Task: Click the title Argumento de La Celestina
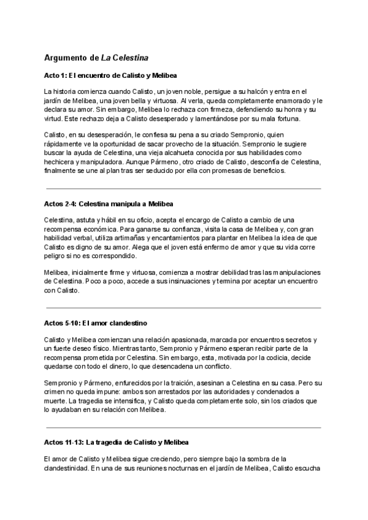pyautogui.click(x=96, y=58)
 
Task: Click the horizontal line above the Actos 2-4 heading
pyautogui.click(x=183, y=189)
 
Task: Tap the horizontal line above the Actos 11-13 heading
pyautogui.click(x=183, y=427)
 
